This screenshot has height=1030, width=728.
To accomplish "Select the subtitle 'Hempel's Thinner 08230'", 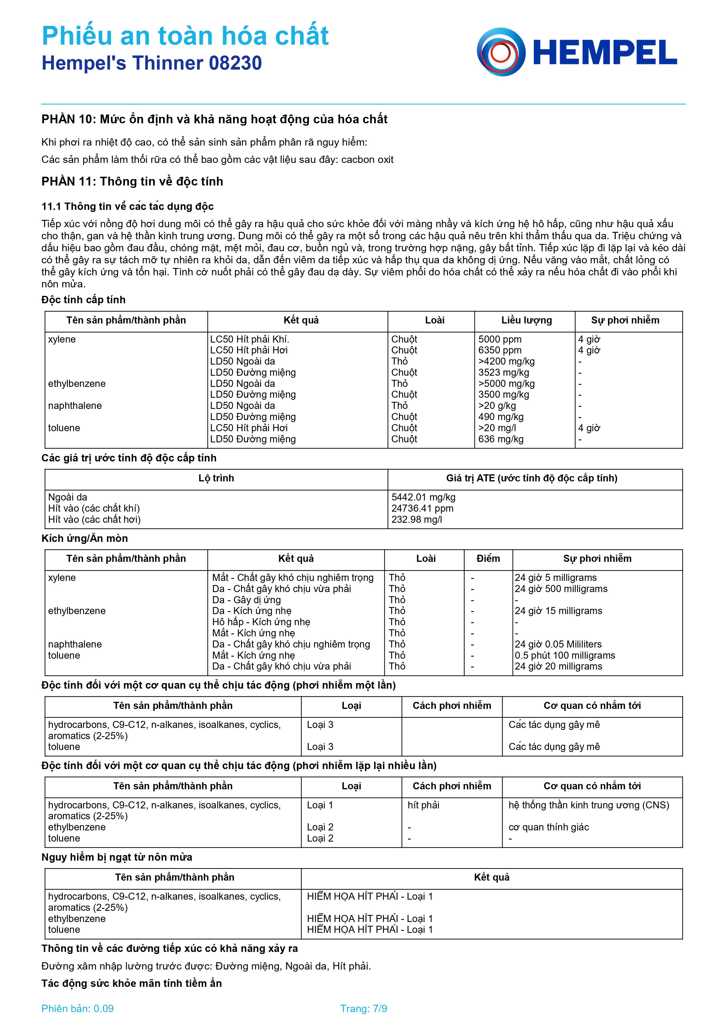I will tap(151, 63).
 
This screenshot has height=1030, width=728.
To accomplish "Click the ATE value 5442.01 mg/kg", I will tap(423, 497).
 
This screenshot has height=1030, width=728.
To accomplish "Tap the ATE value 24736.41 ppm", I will tap(422, 508).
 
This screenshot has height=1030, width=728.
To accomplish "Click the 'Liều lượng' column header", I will tap(526, 320).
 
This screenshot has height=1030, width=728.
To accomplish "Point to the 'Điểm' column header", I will tap(488, 559).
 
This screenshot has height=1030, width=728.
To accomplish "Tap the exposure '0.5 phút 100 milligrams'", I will tap(565, 655).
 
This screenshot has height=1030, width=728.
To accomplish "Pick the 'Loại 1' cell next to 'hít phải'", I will tap(320, 805).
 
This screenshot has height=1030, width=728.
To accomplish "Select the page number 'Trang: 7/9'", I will tap(363, 1009).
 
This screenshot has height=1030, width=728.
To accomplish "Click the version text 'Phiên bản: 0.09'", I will tap(77, 1009).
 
